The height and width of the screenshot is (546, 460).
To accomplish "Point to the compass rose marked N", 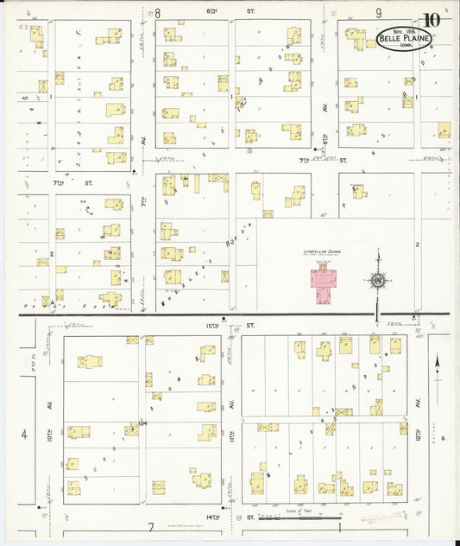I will click(377, 280).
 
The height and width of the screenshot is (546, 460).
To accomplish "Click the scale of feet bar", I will click(312, 517).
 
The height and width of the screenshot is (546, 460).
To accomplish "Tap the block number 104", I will click(142, 422).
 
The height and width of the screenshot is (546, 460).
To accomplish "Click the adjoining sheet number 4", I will click(24, 433).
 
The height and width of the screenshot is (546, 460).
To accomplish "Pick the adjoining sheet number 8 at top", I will click(158, 13).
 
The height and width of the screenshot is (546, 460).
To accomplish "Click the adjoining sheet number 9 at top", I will click(378, 13).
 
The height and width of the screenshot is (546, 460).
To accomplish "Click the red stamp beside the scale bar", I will click(376, 518).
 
